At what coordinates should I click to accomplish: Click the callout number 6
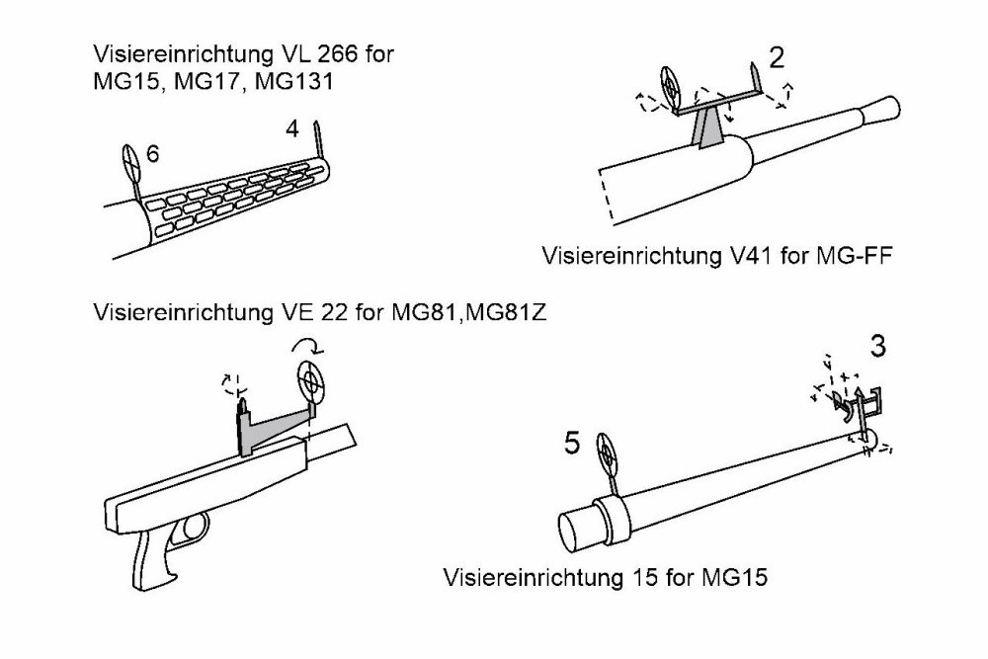click(152, 153)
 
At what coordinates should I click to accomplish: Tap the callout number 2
click(777, 58)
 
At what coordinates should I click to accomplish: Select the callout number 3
click(877, 349)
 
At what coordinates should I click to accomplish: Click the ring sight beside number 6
click(131, 160)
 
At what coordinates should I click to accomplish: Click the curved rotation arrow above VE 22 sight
click(306, 346)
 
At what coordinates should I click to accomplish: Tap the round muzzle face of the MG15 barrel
click(573, 533)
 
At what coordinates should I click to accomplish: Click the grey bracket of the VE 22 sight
click(265, 425)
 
